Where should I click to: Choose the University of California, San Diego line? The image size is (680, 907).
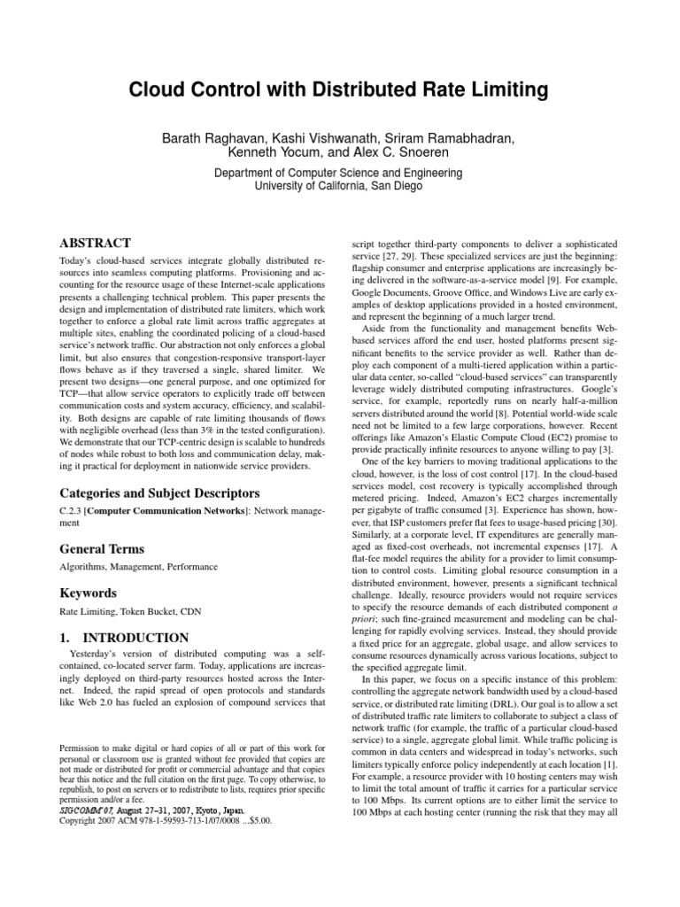339,186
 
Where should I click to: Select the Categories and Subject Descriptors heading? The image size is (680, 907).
158,492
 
